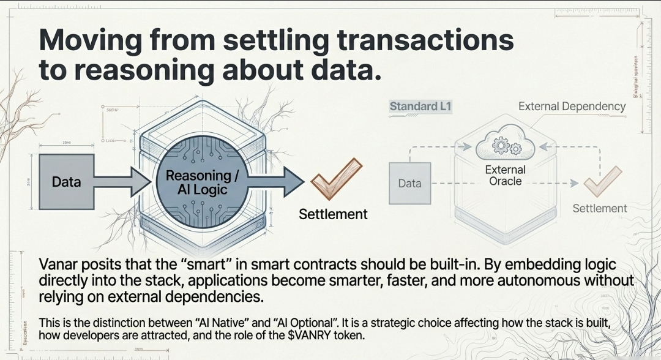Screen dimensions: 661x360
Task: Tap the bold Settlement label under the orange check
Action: (333, 214)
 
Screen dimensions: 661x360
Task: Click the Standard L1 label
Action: (420, 107)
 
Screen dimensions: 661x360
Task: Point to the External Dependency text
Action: (572, 107)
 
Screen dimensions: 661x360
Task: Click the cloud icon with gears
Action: (506, 146)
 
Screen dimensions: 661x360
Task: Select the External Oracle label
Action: (506, 175)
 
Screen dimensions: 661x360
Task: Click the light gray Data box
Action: (409, 183)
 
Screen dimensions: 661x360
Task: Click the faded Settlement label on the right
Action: (599, 208)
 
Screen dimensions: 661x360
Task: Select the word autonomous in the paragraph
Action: (531, 281)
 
